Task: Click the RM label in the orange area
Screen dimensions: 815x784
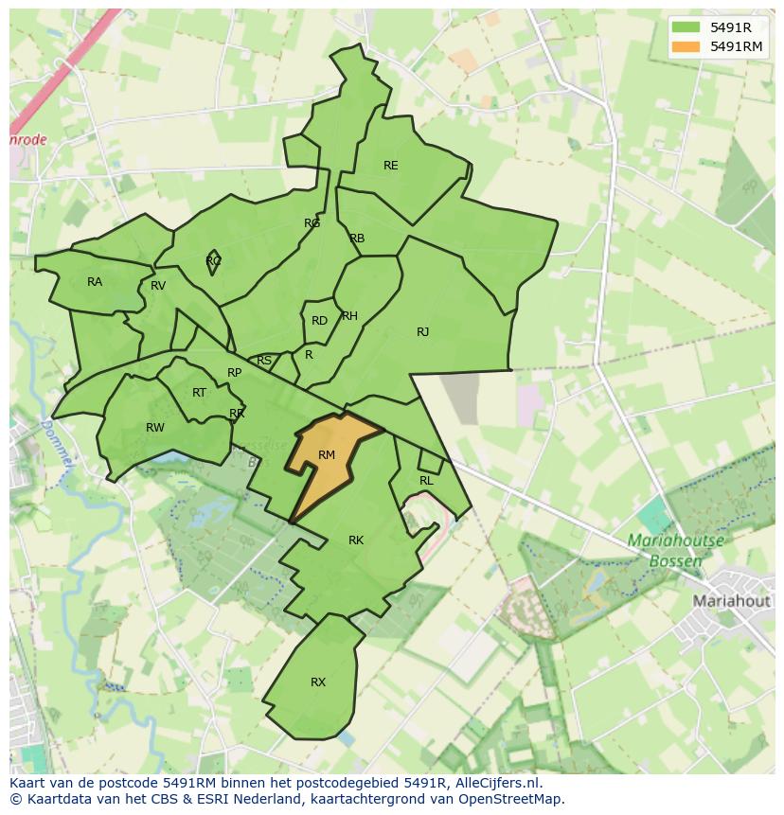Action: [327, 455]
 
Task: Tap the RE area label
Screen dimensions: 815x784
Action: [390, 166]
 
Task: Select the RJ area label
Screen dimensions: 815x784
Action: [422, 332]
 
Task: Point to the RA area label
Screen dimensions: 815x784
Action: [95, 282]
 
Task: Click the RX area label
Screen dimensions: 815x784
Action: [318, 682]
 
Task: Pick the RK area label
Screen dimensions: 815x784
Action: [356, 540]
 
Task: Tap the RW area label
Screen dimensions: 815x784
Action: [155, 428]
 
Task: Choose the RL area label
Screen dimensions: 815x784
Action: [426, 481]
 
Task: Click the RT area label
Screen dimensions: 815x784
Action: [199, 393]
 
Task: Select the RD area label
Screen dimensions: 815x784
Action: [319, 321]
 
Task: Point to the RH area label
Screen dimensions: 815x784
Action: [349, 316]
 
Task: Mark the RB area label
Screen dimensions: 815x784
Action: [357, 239]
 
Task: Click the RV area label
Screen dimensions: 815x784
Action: [158, 286]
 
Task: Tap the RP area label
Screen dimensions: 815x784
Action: [235, 373]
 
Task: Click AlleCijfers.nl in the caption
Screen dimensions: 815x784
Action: [494, 783]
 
